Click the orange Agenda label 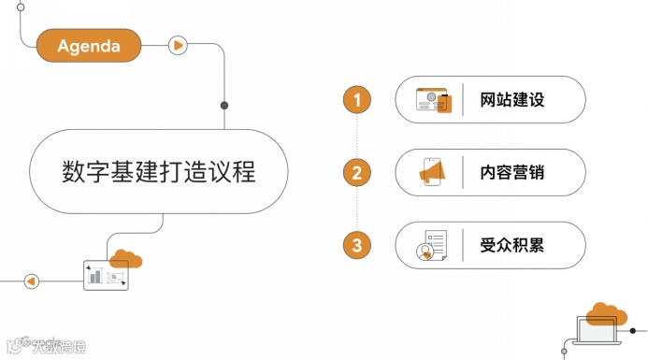click(x=89, y=45)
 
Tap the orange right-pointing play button click(x=178, y=45)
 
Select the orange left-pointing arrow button click(x=31, y=281)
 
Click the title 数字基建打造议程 click(x=158, y=172)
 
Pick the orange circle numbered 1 click(x=356, y=100)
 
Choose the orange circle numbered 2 click(x=356, y=173)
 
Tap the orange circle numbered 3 click(x=356, y=246)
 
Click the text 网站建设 click(x=511, y=100)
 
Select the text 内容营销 click(x=511, y=173)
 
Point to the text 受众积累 click(x=511, y=246)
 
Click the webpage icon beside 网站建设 click(x=434, y=100)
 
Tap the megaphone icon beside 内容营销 click(x=435, y=172)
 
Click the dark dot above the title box click(x=223, y=105)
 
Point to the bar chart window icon click(x=105, y=275)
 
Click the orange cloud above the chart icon click(x=124, y=257)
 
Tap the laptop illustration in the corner click(x=598, y=332)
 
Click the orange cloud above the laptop click(x=607, y=313)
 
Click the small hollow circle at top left click(x=21, y=6)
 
